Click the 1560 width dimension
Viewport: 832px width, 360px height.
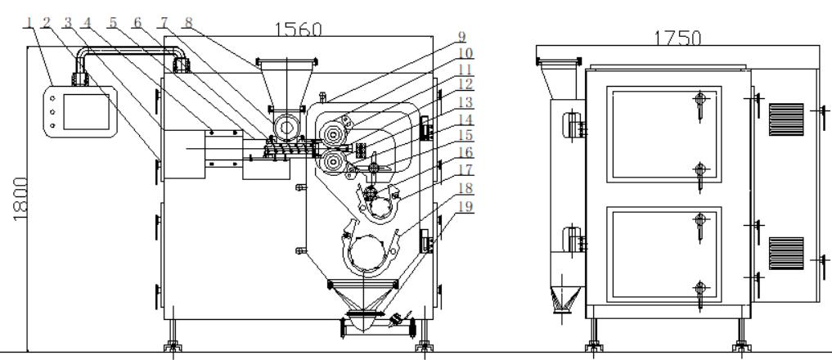[x=298, y=29]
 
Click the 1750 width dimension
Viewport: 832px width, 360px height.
[x=677, y=38]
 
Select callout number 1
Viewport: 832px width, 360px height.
[x=29, y=22]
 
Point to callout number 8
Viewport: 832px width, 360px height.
[x=188, y=22]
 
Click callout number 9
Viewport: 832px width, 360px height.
[x=461, y=37]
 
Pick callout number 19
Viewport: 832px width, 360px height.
[x=465, y=206]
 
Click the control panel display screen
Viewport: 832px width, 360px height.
[x=86, y=111]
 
